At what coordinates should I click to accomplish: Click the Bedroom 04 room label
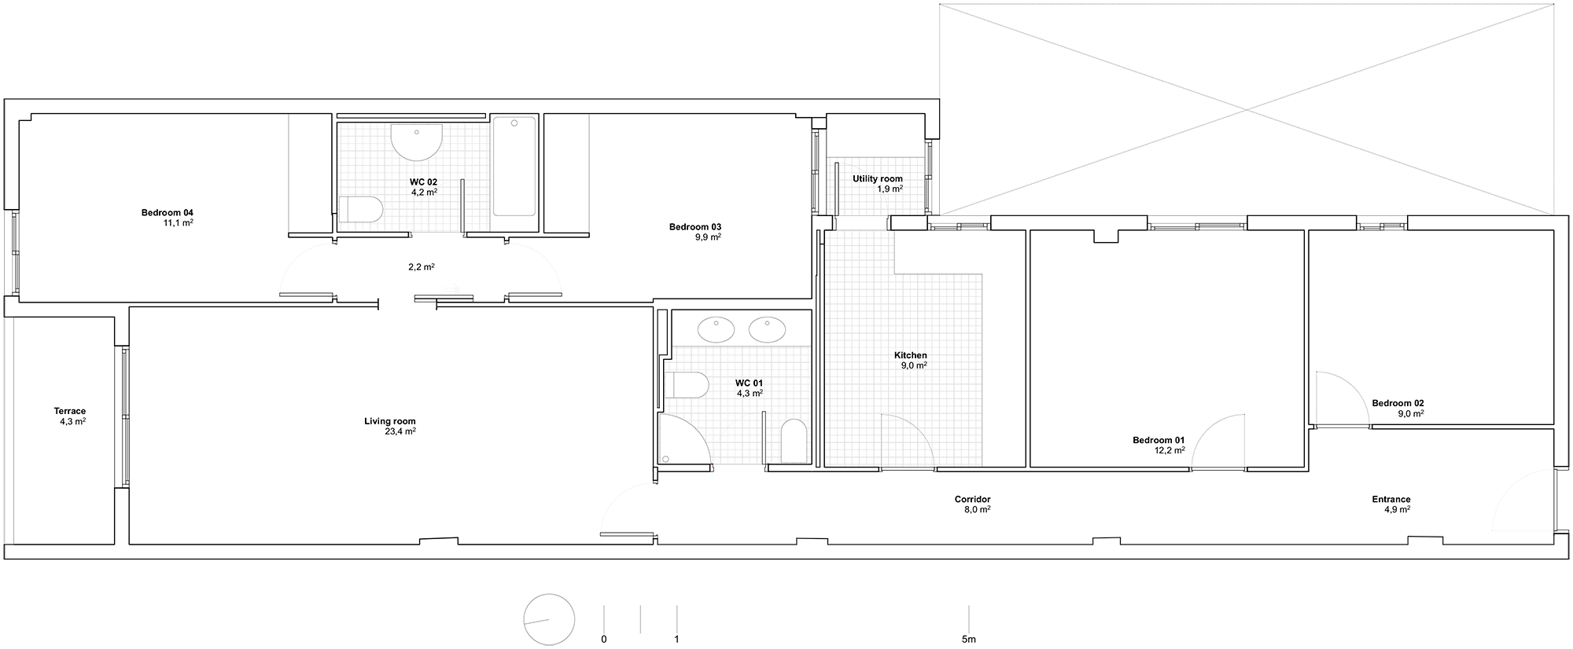pyautogui.click(x=168, y=212)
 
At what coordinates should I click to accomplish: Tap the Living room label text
pyautogui.click(x=390, y=421)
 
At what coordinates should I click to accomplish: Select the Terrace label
pyautogui.click(x=70, y=411)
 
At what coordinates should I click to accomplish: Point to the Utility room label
pyautogui.click(x=878, y=179)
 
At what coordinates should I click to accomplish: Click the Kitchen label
pyautogui.click(x=911, y=355)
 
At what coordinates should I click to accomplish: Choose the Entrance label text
pyautogui.click(x=1391, y=499)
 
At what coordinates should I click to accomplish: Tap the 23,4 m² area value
pyautogui.click(x=401, y=431)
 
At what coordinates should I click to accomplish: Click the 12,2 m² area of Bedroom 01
pyautogui.click(x=1170, y=450)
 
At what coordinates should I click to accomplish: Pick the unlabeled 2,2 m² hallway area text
pyautogui.click(x=422, y=267)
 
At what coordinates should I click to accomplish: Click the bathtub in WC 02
pyautogui.click(x=514, y=166)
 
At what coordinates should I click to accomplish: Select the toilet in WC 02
pyautogui.click(x=361, y=210)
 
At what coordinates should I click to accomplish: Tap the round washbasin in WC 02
pyautogui.click(x=417, y=142)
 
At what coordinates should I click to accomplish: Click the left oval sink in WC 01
pyautogui.click(x=717, y=329)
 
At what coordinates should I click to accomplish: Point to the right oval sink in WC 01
pyautogui.click(x=767, y=329)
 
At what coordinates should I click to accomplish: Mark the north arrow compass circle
pyautogui.click(x=550, y=619)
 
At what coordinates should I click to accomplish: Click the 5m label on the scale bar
pyautogui.click(x=968, y=640)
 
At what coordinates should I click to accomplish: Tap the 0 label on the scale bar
pyautogui.click(x=604, y=640)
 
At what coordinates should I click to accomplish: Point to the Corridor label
pyautogui.click(x=973, y=499)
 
